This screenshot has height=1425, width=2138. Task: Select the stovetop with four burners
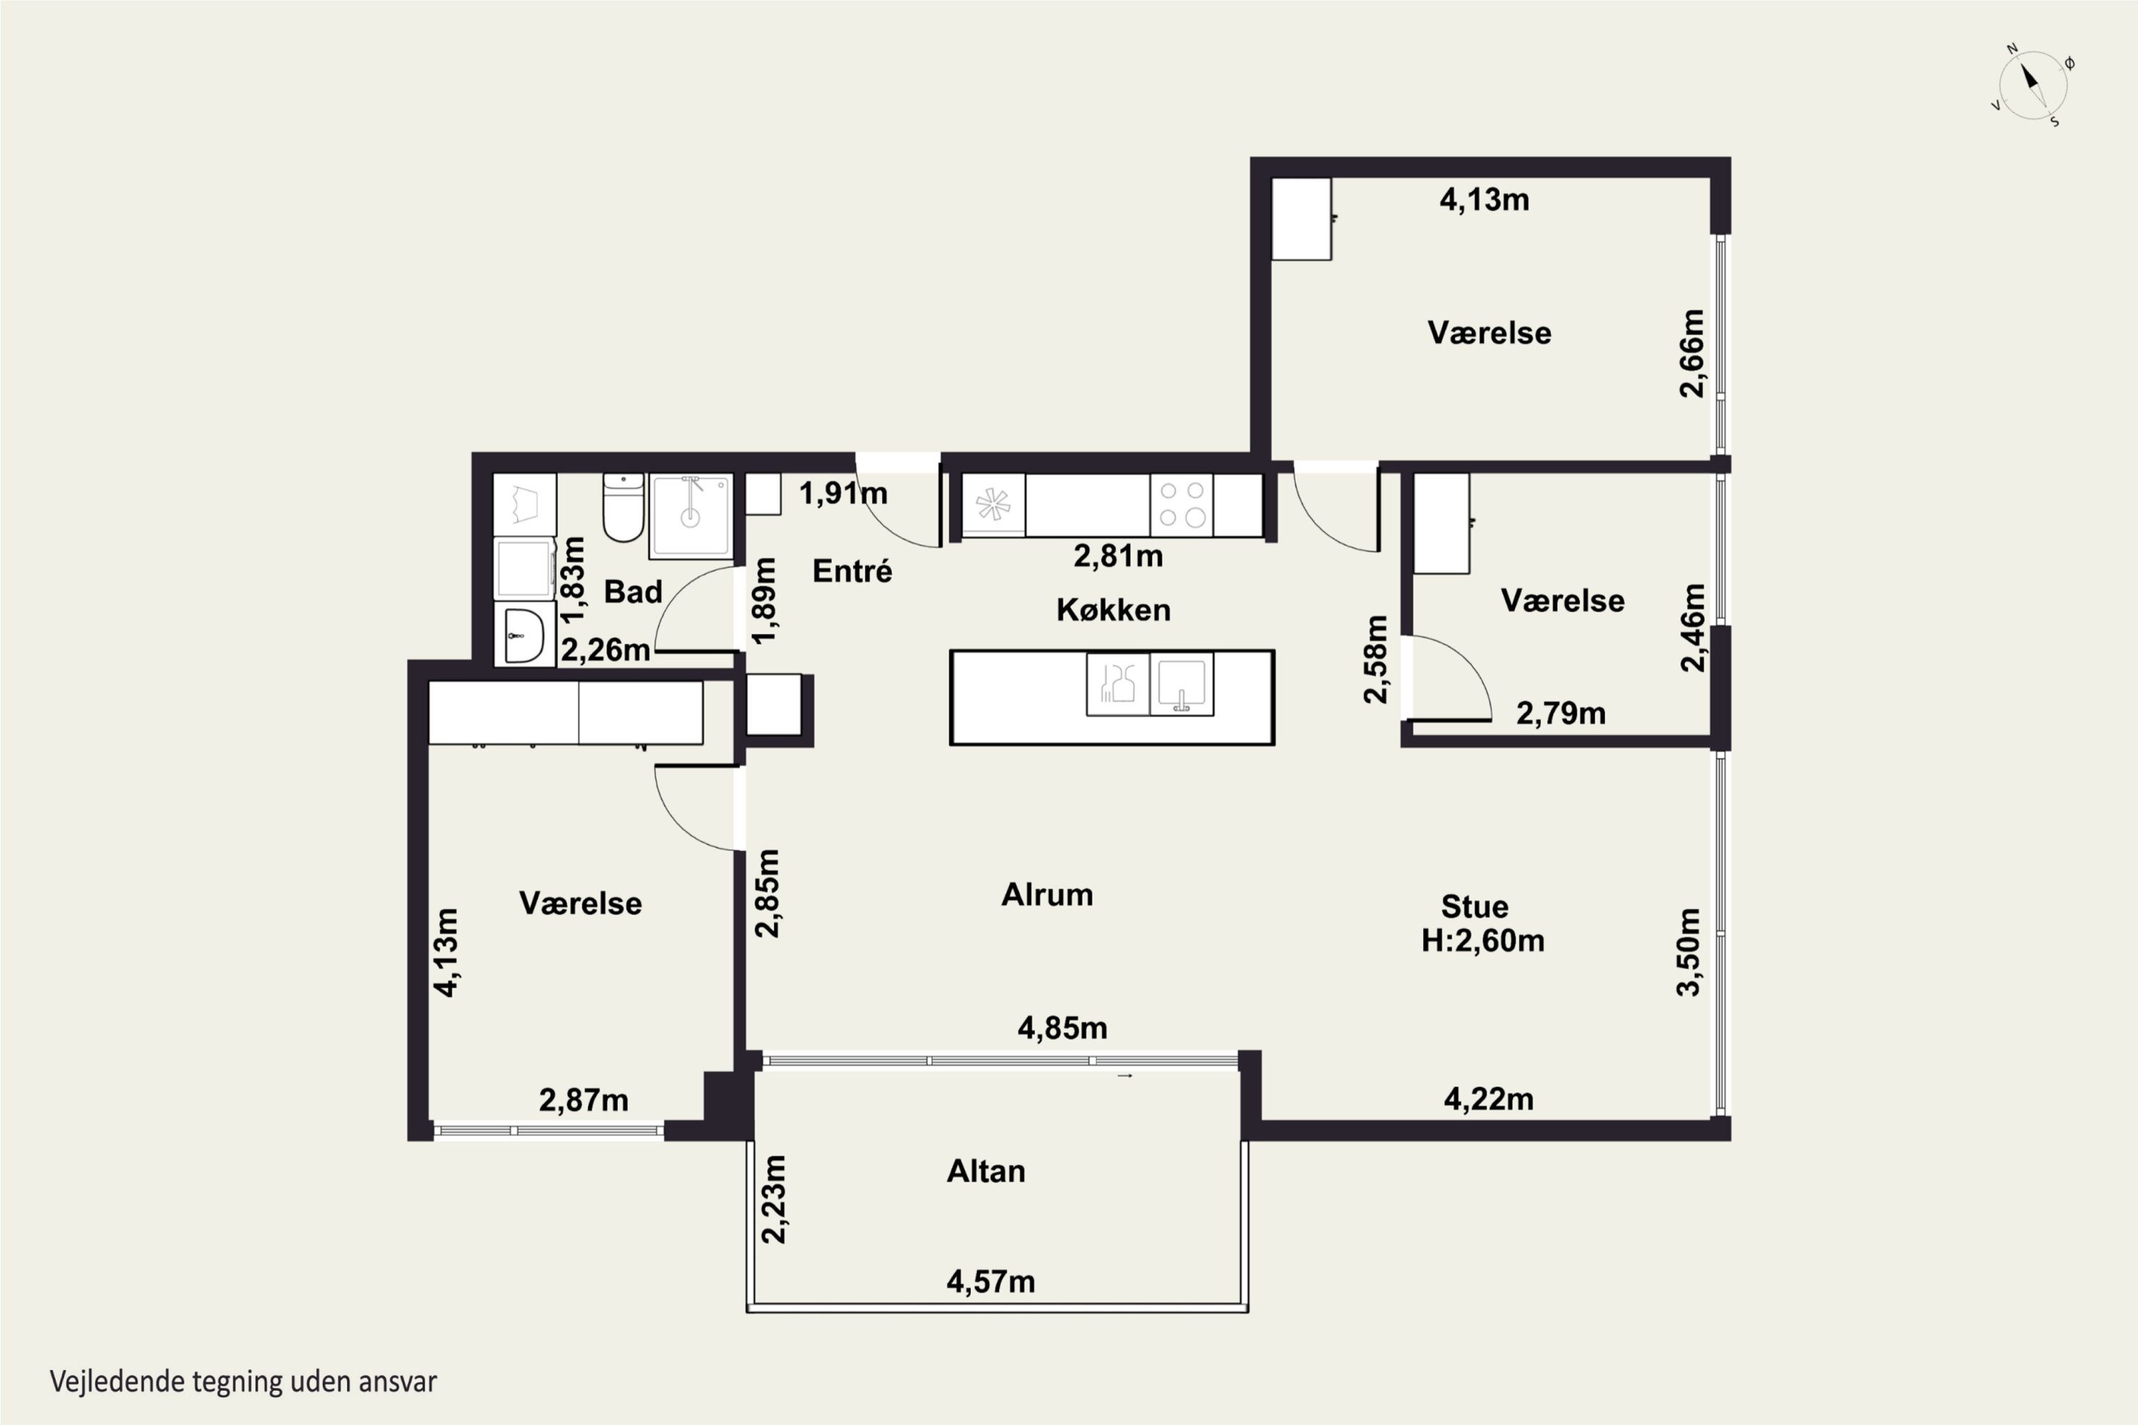click(x=1182, y=504)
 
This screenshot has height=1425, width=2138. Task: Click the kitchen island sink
click(x=1182, y=683)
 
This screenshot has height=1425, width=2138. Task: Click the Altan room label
click(x=986, y=1171)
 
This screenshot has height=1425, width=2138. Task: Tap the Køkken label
click(x=1113, y=609)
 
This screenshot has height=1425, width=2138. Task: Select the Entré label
click(x=852, y=571)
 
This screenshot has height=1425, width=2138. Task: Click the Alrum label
click(x=1047, y=894)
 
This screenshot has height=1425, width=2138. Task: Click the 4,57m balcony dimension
click(x=991, y=1281)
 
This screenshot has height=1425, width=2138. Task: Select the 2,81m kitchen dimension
click(x=1118, y=555)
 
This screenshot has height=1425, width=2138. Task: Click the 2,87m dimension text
click(x=584, y=1101)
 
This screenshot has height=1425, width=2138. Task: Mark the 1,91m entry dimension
click(x=844, y=494)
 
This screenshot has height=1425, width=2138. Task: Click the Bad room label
click(x=634, y=591)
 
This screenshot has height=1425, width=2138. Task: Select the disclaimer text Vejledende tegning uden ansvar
click(x=244, y=1382)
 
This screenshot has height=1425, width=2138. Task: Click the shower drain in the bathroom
click(x=691, y=518)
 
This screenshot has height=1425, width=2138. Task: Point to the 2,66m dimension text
click(x=1692, y=353)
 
